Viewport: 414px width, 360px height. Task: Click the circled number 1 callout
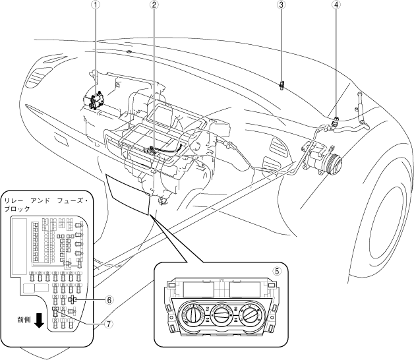point(97,5)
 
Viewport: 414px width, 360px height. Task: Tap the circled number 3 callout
point(281,5)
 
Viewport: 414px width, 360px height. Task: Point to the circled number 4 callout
point(337,5)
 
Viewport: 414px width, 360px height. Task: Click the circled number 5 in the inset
point(278,270)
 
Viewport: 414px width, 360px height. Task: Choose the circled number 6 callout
point(110,299)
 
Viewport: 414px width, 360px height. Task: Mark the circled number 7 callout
point(110,324)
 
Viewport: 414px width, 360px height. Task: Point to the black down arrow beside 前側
point(40,320)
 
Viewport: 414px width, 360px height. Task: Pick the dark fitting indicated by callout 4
point(336,121)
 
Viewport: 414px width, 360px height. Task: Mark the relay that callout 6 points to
point(72,299)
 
